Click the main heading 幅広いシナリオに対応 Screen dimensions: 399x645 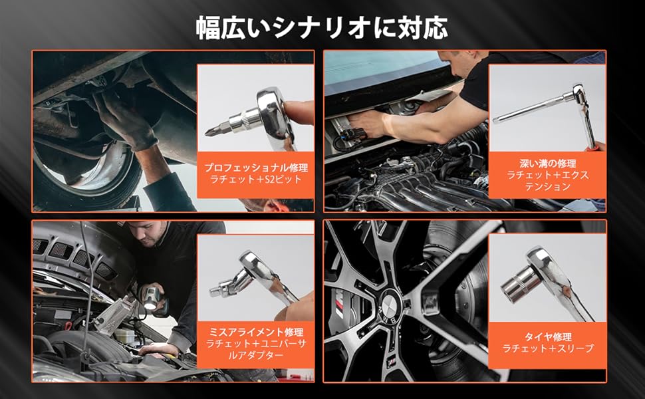pyautogui.click(x=322, y=28)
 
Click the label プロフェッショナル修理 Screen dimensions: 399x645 pyautogui.click(x=255, y=168)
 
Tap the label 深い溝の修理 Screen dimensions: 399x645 pyautogui.click(x=547, y=162)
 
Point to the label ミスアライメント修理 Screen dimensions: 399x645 pyautogui.click(x=255, y=331)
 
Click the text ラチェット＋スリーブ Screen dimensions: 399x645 pyautogui.click(x=547, y=349)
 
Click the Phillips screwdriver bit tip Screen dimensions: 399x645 pyautogui.click(x=211, y=131)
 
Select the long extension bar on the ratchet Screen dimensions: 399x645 pyautogui.click(x=532, y=110)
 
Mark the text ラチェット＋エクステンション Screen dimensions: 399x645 pyautogui.click(x=547, y=181)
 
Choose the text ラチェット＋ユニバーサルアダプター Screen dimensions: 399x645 pyautogui.click(x=255, y=349)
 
